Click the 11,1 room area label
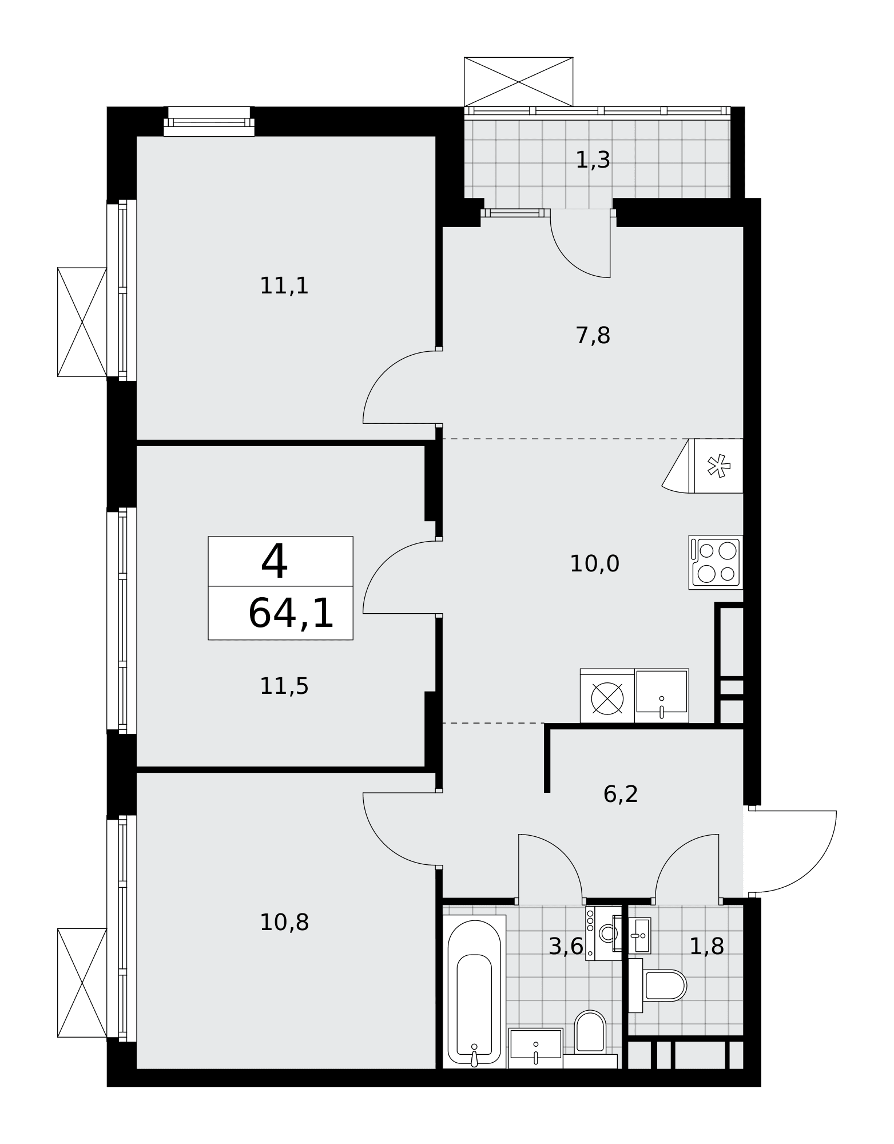tap(284, 286)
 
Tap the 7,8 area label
tap(593, 336)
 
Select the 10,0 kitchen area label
tap(595, 564)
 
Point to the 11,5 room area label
tap(284, 686)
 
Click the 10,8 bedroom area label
tap(284, 923)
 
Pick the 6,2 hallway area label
tap(621, 794)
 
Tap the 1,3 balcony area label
tap(593, 160)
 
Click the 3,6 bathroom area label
tap(566, 947)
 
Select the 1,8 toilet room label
tap(707, 947)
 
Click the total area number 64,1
tap(291, 613)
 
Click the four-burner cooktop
tap(716, 562)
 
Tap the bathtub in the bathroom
tap(474, 992)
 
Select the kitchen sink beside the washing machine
tap(662, 696)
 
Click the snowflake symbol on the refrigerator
tap(718, 466)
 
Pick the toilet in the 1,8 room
tap(658, 986)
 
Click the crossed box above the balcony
tap(519, 82)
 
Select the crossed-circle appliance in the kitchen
tap(607, 698)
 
